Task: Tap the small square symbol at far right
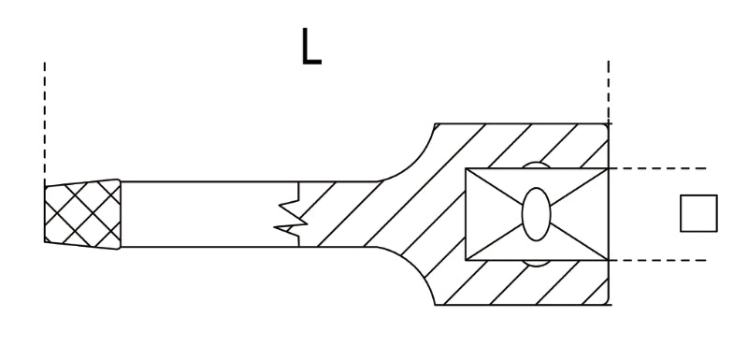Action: point(698,213)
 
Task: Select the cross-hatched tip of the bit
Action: point(82,214)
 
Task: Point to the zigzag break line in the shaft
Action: point(292,214)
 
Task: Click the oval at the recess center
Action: point(537,214)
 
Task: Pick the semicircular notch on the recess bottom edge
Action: point(536,263)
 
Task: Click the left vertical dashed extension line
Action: point(44,122)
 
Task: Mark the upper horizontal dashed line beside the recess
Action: point(659,168)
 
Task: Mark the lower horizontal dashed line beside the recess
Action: point(659,260)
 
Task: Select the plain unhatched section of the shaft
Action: point(206,214)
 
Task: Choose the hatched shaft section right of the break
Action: point(346,214)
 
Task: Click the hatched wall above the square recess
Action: point(524,144)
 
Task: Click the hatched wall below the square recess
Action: point(524,283)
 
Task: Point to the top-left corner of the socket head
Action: point(436,123)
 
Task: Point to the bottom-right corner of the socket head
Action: point(609,305)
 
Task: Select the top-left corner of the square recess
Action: point(466,168)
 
